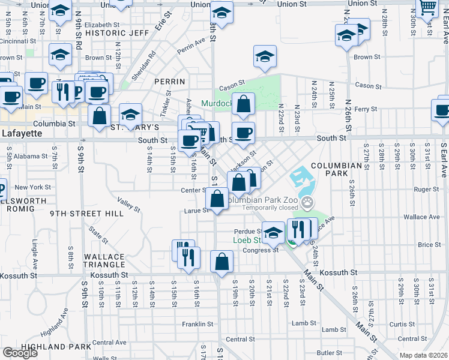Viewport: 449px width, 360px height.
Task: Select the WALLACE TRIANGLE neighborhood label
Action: click(104, 261)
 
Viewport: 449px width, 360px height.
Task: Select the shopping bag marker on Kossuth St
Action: click(221, 262)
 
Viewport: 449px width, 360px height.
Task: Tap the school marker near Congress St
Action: click(273, 232)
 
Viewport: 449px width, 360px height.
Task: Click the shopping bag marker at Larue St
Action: click(217, 199)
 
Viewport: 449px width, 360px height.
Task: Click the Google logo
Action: click(20, 353)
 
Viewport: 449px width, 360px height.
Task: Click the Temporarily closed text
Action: click(271, 207)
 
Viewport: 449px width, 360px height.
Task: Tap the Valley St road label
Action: click(128, 206)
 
